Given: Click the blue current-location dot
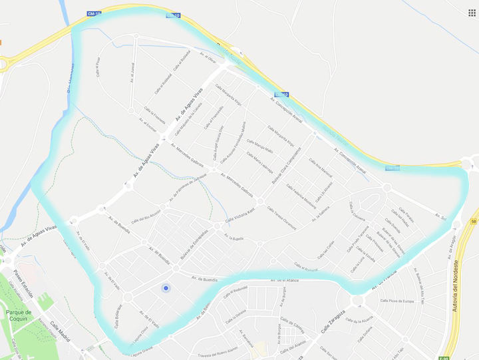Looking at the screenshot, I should (166, 287).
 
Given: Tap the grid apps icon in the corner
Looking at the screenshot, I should (472, 12).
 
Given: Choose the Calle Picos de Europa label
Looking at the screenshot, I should (398, 301).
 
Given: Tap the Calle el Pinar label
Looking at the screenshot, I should (98, 67).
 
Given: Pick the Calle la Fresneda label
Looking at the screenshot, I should (160, 114).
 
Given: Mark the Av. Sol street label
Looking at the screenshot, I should (439, 218).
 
